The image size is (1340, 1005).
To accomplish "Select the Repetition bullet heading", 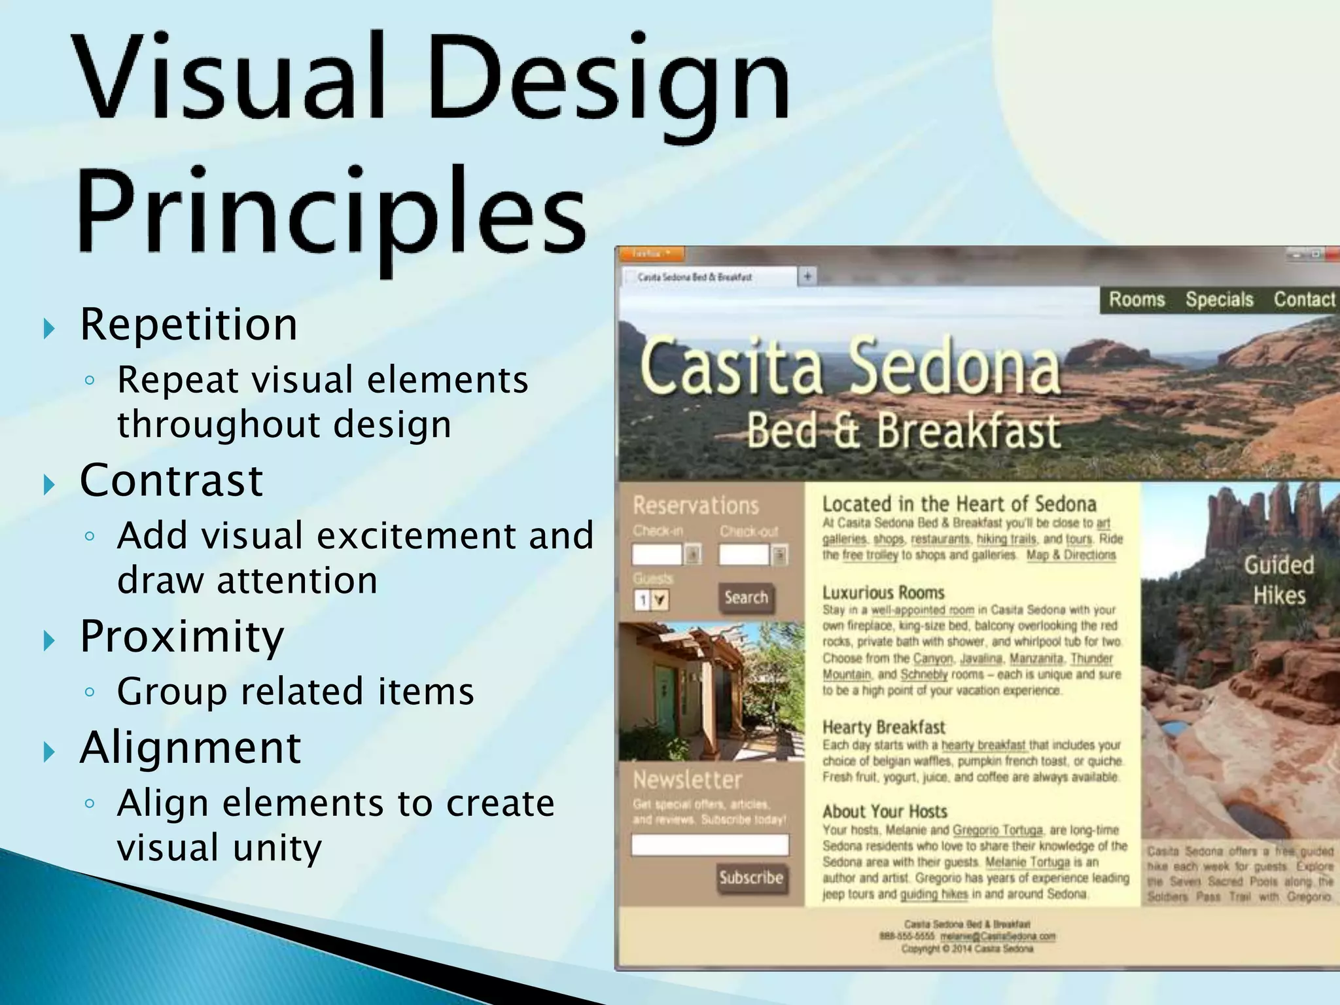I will pyautogui.click(x=188, y=325).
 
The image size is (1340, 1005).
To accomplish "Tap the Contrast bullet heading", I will pyautogui.click(x=171, y=480).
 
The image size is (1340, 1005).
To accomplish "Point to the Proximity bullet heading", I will pyautogui.click(x=182, y=636).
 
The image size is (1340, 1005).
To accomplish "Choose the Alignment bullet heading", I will pyautogui.click(x=190, y=748).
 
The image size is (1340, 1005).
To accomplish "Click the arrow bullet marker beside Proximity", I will pyautogui.click(x=49, y=641).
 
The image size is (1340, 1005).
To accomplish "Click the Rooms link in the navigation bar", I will pyautogui.click(x=1137, y=300).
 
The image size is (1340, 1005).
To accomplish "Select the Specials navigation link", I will pyautogui.click(x=1219, y=300).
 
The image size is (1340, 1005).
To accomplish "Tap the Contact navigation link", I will pyautogui.click(x=1303, y=300).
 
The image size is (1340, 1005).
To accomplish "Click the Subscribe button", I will pyautogui.click(x=751, y=877).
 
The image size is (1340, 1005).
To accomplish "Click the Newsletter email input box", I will pyautogui.click(x=710, y=845).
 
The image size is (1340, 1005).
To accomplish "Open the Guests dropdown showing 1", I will pyautogui.click(x=652, y=599).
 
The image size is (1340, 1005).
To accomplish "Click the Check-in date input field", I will pyautogui.click(x=658, y=555).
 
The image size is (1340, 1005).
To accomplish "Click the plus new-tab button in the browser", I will pyautogui.click(x=808, y=276).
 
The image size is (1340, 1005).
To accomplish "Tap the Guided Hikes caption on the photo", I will pyautogui.click(x=1278, y=580).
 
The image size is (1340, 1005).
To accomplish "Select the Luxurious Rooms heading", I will pyautogui.click(x=883, y=593).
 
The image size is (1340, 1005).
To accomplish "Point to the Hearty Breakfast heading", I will pyautogui.click(x=883, y=727).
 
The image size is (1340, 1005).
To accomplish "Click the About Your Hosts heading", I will pyautogui.click(x=885, y=811).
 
